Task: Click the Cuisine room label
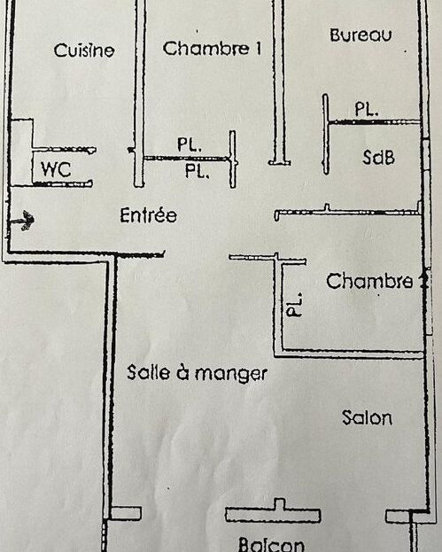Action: [84, 50]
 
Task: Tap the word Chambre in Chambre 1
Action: [205, 48]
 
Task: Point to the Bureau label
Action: [361, 35]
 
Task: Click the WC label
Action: [56, 169]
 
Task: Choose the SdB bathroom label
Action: [378, 158]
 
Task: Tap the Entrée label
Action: [148, 214]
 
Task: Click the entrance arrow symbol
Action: [22, 221]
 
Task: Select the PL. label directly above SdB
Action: [367, 109]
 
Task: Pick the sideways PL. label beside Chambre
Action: [295, 305]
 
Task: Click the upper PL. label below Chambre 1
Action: [190, 144]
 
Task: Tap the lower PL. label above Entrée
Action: [198, 171]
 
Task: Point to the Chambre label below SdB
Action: [369, 281]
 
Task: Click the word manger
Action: [231, 374]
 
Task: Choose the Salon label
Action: [367, 417]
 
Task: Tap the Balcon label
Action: [271, 544]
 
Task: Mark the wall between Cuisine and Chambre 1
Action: [140, 93]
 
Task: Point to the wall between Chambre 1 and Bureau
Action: [279, 82]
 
